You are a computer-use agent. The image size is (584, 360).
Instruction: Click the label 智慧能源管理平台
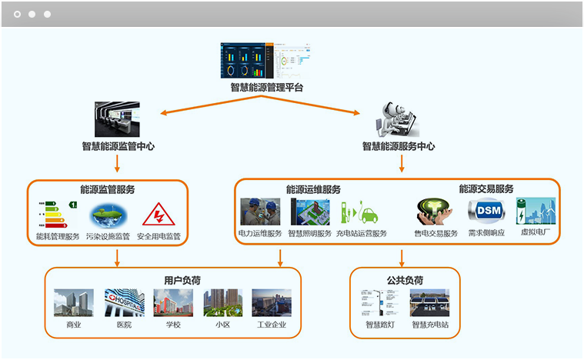[x=266, y=87]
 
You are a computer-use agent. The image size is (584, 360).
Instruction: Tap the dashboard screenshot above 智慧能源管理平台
[x=266, y=60]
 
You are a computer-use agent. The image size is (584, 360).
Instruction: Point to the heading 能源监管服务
[x=107, y=189]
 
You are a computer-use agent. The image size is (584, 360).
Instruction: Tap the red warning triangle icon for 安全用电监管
[x=159, y=214]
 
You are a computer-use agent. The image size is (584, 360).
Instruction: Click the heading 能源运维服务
[x=313, y=189]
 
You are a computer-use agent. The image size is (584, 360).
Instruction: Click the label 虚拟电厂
[x=536, y=233]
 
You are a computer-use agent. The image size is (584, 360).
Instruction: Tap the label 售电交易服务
[x=436, y=233]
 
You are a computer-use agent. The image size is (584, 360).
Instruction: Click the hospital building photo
[x=124, y=303]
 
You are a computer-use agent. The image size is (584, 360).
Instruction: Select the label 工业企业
[x=272, y=325]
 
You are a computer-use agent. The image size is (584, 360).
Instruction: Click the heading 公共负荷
[x=405, y=280]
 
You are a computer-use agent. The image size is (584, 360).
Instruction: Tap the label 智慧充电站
[x=430, y=325]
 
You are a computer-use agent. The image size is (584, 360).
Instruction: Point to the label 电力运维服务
[x=259, y=233]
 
